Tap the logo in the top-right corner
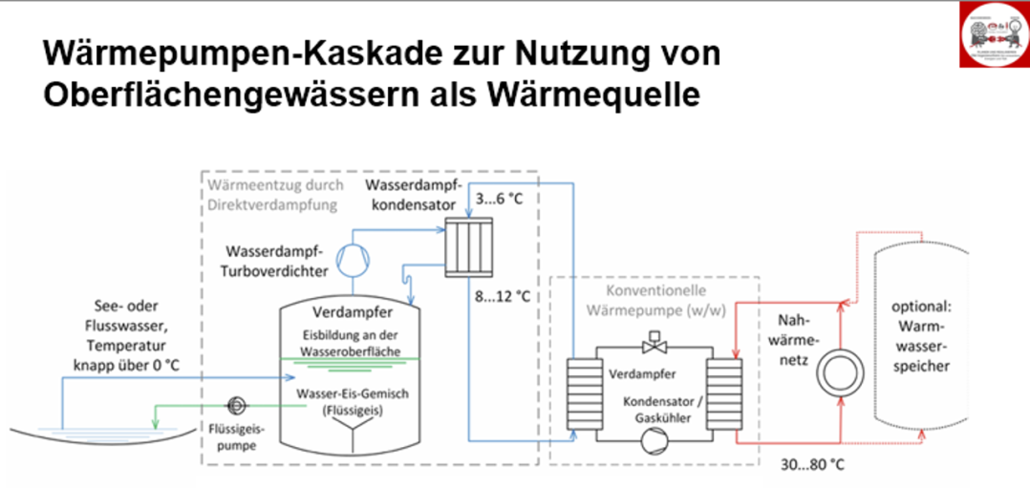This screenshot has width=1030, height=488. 994,35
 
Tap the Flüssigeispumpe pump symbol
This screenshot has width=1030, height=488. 236,404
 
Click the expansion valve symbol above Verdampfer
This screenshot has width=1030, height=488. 655,339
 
